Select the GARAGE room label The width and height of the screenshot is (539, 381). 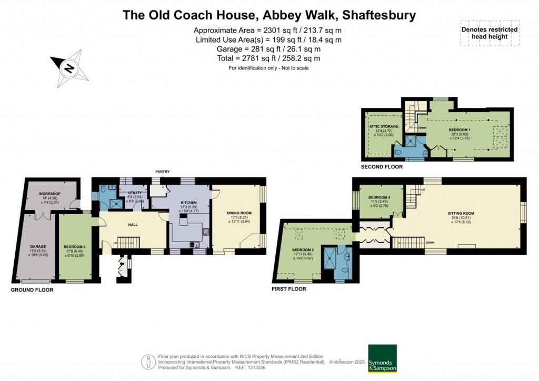[37, 245]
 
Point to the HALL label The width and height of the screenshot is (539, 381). [133, 225]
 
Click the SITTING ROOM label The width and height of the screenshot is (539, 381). [460, 214]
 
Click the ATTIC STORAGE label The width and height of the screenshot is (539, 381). [383, 126]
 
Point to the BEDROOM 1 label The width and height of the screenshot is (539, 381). [460, 129]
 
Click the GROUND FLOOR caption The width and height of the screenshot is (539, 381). [31, 289]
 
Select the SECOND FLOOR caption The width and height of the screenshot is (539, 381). [382, 167]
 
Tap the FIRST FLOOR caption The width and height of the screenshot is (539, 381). [289, 289]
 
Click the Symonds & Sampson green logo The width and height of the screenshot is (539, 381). [382, 358]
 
